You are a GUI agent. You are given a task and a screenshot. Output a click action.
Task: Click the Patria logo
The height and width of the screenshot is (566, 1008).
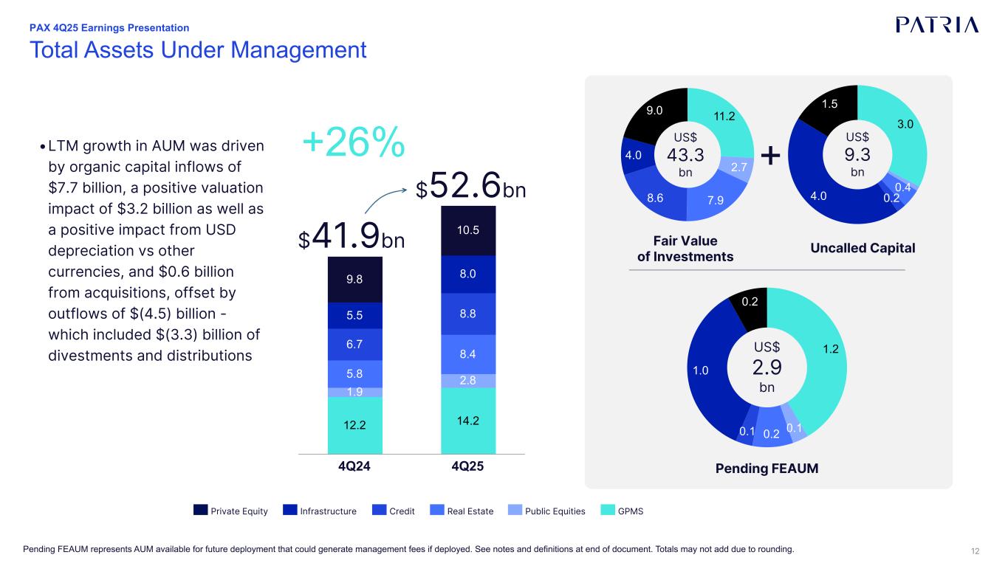pyautogui.click(x=937, y=24)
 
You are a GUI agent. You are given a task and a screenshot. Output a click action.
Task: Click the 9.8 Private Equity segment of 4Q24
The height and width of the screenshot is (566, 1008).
pyautogui.click(x=354, y=280)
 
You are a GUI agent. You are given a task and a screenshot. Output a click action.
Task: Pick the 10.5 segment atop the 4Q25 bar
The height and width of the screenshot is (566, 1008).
pyautogui.click(x=468, y=230)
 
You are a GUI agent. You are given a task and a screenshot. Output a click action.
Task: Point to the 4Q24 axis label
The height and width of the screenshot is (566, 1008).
pyautogui.click(x=354, y=468)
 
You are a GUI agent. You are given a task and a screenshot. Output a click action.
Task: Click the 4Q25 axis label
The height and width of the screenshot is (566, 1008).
pyautogui.click(x=468, y=468)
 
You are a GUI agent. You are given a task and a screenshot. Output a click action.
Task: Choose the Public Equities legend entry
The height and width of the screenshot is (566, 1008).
pyautogui.click(x=547, y=511)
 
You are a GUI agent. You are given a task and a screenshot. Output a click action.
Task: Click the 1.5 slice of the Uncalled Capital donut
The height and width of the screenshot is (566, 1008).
pyautogui.click(x=830, y=105)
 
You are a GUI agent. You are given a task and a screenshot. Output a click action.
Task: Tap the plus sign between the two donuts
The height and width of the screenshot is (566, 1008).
pyautogui.click(x=770, y=155)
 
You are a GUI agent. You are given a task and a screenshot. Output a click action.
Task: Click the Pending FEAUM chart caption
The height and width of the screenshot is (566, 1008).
pyautogui.click(x=767, y=468)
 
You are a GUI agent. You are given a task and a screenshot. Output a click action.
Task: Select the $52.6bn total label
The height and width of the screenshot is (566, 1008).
pyautogui.click(x=470, y=188)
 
